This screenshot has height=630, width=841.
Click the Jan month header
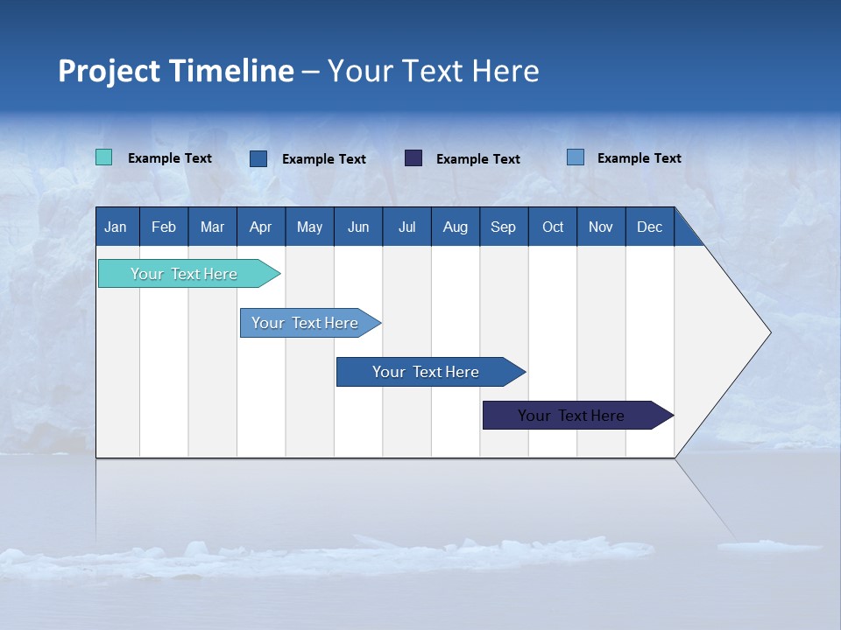tap(117, 227)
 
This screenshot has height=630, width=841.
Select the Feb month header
tap(164, 227)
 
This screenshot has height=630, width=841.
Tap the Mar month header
tap(212, 227)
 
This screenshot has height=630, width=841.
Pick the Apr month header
tap(261, 227)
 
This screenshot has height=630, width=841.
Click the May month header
tap(309, 227)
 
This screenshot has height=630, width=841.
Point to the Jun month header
tap(358, 227)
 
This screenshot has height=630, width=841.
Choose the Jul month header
tap(406, 227)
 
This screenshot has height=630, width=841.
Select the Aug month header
tap(456, 227)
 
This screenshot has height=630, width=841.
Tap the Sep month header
tap(504, 227)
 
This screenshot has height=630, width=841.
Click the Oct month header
tap(553, 227)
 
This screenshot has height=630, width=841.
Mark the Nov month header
tap(601, 227)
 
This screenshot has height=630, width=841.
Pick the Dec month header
tap(650, 227)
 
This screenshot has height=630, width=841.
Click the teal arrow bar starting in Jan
tap(184, 274)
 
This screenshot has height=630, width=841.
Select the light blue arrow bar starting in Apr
tap(305, 323)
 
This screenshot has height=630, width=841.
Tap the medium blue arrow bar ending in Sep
tap(426, 372)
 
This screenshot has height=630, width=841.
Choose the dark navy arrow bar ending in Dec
tap(571, 416)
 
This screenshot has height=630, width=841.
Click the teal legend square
tap(104, 157)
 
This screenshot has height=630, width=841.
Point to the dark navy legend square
tap(413, 157)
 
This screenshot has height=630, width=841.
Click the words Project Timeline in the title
tap(176, 71)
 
